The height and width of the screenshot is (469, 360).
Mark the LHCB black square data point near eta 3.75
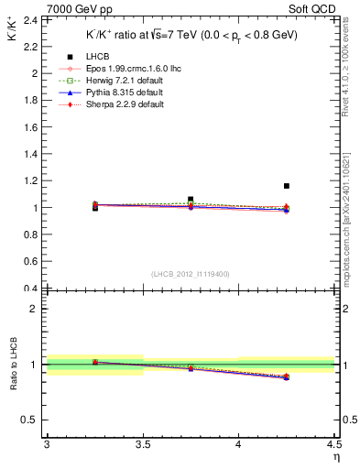[191, 199]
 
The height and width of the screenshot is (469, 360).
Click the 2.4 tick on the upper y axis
[27, 19]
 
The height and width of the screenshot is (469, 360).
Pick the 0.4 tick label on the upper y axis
[27, 288]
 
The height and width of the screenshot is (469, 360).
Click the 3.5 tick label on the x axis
[142, 447]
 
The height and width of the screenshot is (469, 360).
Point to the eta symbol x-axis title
[335, 459]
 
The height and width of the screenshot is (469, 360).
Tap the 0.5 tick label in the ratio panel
[27, 420]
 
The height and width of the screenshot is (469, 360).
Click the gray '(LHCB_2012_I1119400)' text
[191, 274]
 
